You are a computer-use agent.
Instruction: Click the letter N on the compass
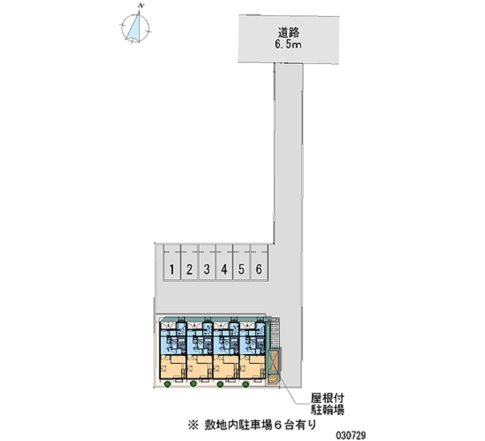tap(142, 6)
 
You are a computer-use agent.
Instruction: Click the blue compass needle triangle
tap(135, 29)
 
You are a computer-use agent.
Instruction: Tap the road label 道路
tap(289, 33)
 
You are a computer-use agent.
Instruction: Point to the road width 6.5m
tap(288, 44)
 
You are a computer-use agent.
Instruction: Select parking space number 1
tap(172, 269)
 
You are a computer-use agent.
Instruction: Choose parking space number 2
tap(189, 269)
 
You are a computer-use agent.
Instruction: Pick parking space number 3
tap(207, 269)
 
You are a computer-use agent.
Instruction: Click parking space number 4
tap(224, 269)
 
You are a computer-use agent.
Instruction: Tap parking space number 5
tap(241, 269)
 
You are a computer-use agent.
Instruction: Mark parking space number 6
tap(259, 269)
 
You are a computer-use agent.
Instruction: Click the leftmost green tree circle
tap(167, 384)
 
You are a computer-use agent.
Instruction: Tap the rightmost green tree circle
tap(246, 384)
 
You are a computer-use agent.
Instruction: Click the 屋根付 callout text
tap(327, 399)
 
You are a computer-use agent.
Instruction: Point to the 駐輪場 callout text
tap(327, 409)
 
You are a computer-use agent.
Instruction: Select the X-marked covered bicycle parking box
tap(273, 362)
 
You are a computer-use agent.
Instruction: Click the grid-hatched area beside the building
tap(275, 334)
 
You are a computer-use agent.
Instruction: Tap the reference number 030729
tap(351, 436)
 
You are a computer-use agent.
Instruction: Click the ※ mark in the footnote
tap(193, 425)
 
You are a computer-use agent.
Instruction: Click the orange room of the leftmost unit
tap(173, 367)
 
